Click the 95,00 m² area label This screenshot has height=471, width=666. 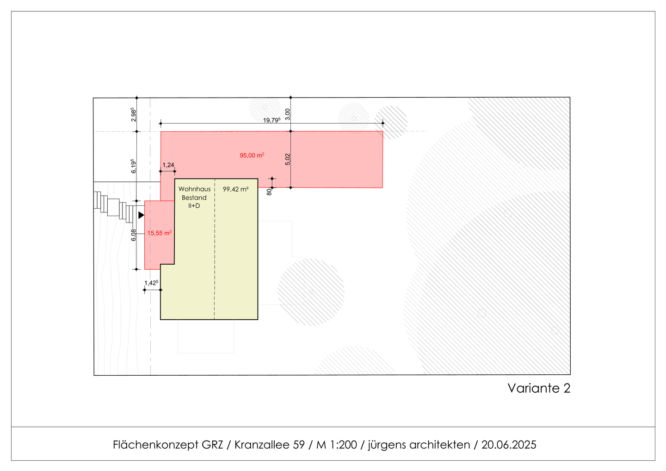252,155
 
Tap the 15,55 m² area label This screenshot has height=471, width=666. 160,233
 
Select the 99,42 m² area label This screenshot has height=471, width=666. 235,189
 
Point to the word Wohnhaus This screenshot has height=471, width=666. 195,189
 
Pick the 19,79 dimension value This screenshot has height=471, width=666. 271,120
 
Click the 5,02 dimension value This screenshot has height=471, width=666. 288,159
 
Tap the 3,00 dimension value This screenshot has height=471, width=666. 288,113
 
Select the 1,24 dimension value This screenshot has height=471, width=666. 168,165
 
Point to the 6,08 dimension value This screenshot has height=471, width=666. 134,235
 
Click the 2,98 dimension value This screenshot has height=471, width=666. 134,114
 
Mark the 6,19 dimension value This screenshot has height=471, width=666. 134,166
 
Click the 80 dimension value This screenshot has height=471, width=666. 269,192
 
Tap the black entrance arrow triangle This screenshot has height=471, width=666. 141,215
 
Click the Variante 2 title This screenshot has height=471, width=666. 539,388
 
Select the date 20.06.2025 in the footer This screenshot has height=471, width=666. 509,445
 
